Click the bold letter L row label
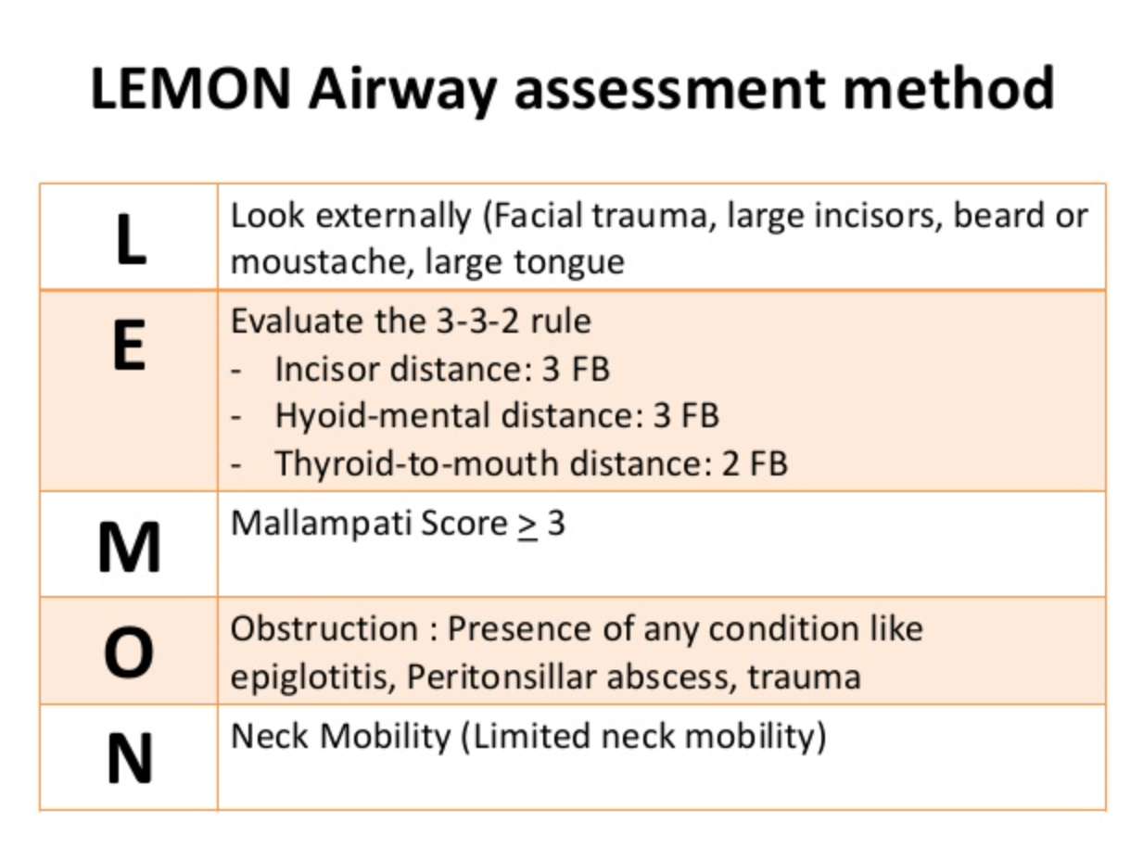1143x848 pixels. (x=129, y=239)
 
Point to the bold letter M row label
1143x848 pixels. (x=129, y=547)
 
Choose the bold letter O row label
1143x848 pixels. (x=129, y=653)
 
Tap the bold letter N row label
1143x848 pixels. (x=129, y=759)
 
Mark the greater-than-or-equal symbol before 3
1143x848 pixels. (x=527, y=525)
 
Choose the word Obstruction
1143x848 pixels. (x=324, y=628)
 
